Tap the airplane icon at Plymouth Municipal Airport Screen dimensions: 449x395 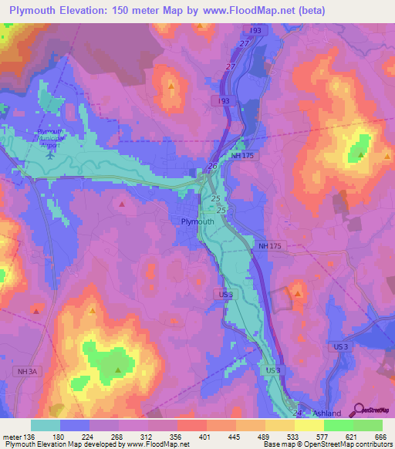(51, 151)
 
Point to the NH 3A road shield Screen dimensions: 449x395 (25, 372)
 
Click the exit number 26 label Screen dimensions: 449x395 (212, 167)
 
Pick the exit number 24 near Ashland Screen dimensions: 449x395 (298, 414)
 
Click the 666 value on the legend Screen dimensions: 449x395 (379, 436)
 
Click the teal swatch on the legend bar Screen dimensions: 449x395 (46, 425)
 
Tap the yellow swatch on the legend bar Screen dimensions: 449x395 (309, 425)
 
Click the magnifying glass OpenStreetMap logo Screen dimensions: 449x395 (357, 410)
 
